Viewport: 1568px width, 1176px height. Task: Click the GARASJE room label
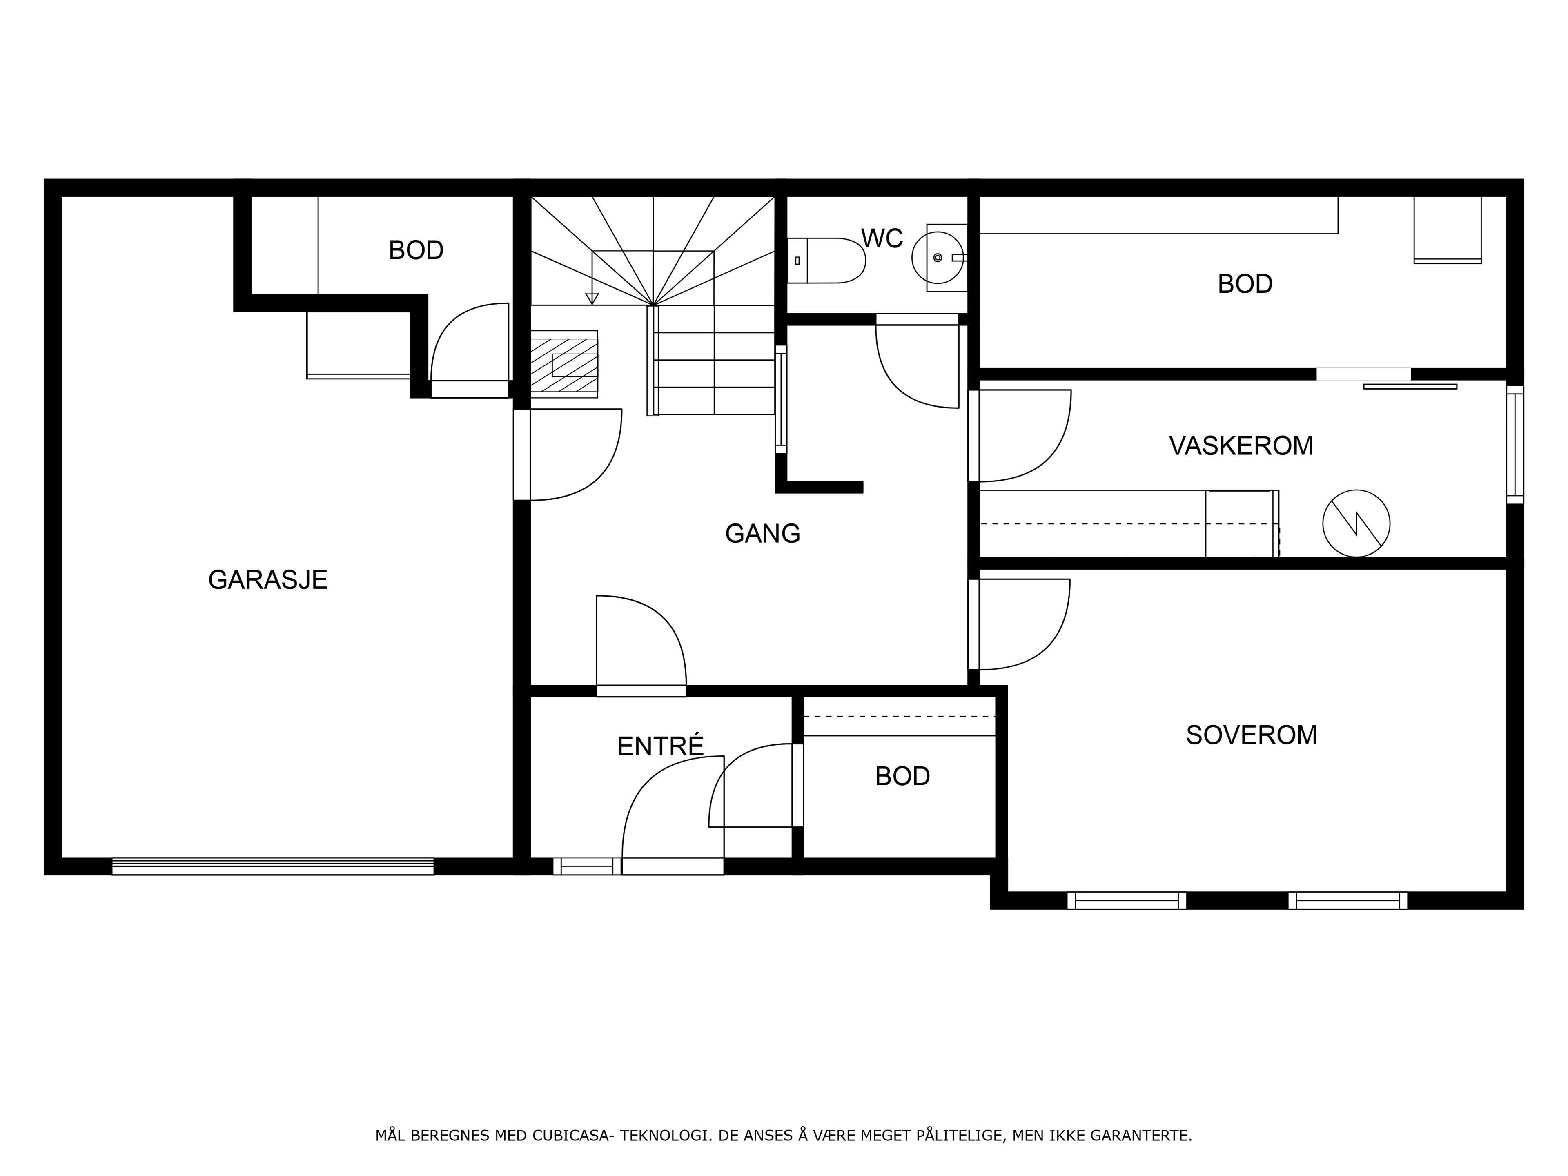(268, 580)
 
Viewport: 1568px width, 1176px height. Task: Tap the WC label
(882, 239)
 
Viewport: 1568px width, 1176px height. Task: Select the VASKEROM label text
(1241, 446)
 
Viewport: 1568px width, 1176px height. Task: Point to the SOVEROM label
(1251, 735)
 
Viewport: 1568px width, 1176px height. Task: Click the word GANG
(763, 533)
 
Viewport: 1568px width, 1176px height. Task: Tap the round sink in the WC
(938, 258)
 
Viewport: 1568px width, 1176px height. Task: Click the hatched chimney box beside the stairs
(564, 364)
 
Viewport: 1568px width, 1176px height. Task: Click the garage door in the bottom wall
(273, 866)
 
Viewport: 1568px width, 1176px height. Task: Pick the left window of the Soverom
(1126, 900)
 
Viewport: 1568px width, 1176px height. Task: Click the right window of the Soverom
(1347, 900)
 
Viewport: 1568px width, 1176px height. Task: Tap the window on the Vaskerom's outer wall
(1515, 444)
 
